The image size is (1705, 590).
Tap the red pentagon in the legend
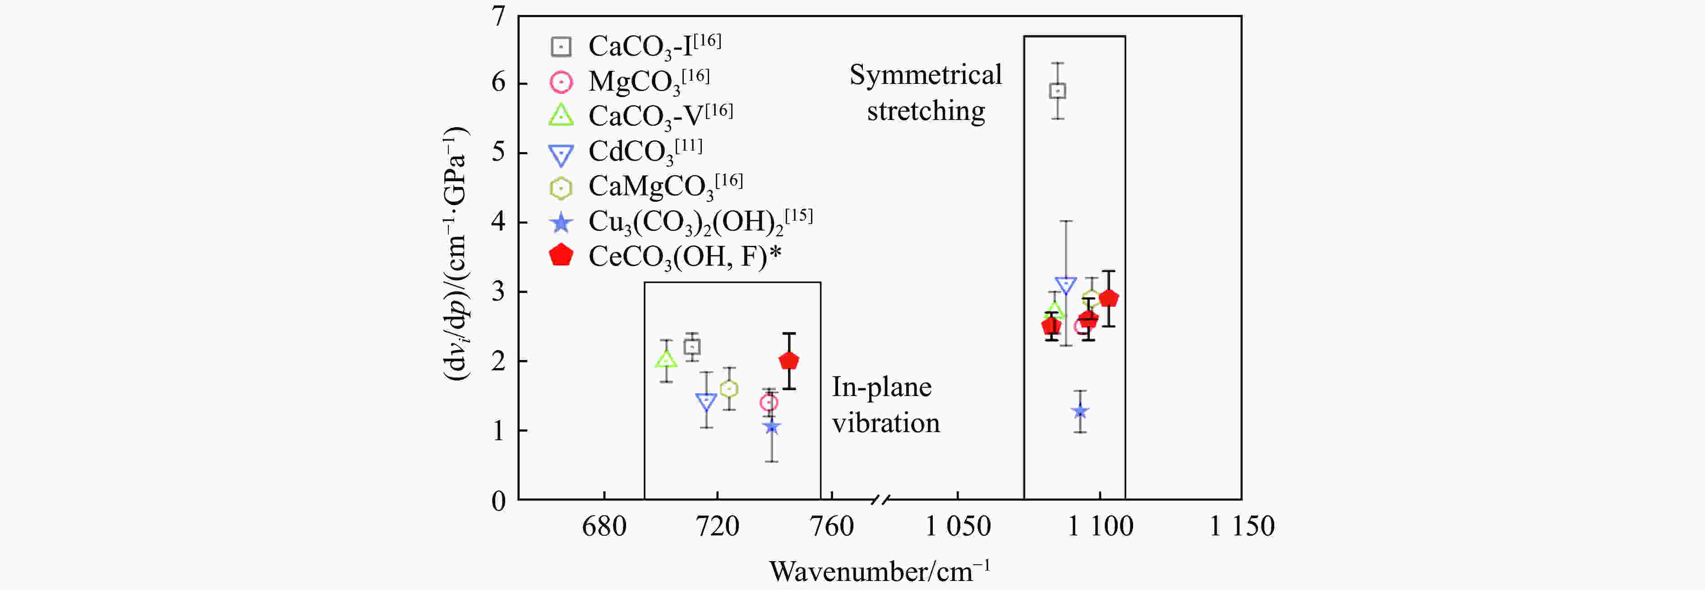[561, 256]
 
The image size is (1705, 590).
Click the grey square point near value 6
[1058, 91]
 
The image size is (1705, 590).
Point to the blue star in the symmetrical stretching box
[1080, 411]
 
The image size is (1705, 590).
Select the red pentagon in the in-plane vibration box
[789, 361]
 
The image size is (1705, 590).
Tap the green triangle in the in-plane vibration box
[666, 360]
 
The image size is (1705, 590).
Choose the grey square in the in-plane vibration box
[691, 347]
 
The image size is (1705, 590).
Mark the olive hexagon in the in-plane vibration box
[729, 389]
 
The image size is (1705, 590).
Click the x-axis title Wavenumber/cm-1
[879, 571]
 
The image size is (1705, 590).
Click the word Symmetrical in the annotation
[925, 75]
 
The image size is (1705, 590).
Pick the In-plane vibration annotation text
[885, 405]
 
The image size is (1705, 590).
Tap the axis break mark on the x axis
[880, 499]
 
